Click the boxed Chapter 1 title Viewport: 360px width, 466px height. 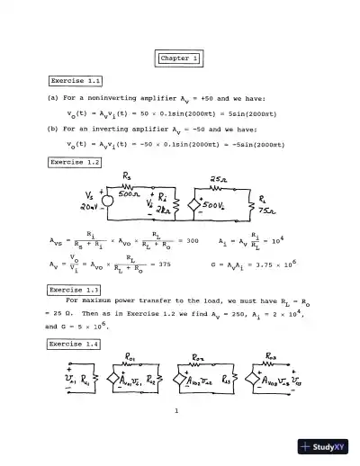coord(179,58)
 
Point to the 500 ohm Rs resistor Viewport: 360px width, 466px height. coord(130,192)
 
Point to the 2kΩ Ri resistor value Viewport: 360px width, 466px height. coord(162,210)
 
